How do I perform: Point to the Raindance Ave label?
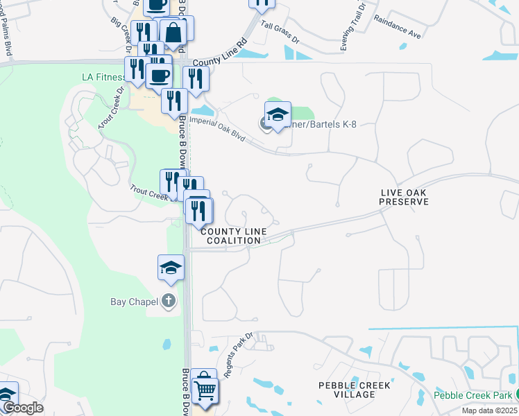point(397,28)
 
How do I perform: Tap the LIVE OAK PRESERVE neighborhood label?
point(404,197)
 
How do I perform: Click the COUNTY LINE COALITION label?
point(231,236)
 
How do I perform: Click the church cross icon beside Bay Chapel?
point(168,302)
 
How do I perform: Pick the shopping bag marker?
point(173,32)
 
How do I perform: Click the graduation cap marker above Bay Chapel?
point(171,267)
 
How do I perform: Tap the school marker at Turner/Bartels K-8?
point(278,114)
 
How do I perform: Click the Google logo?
point(22,408)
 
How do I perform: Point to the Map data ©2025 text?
point(489,410)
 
